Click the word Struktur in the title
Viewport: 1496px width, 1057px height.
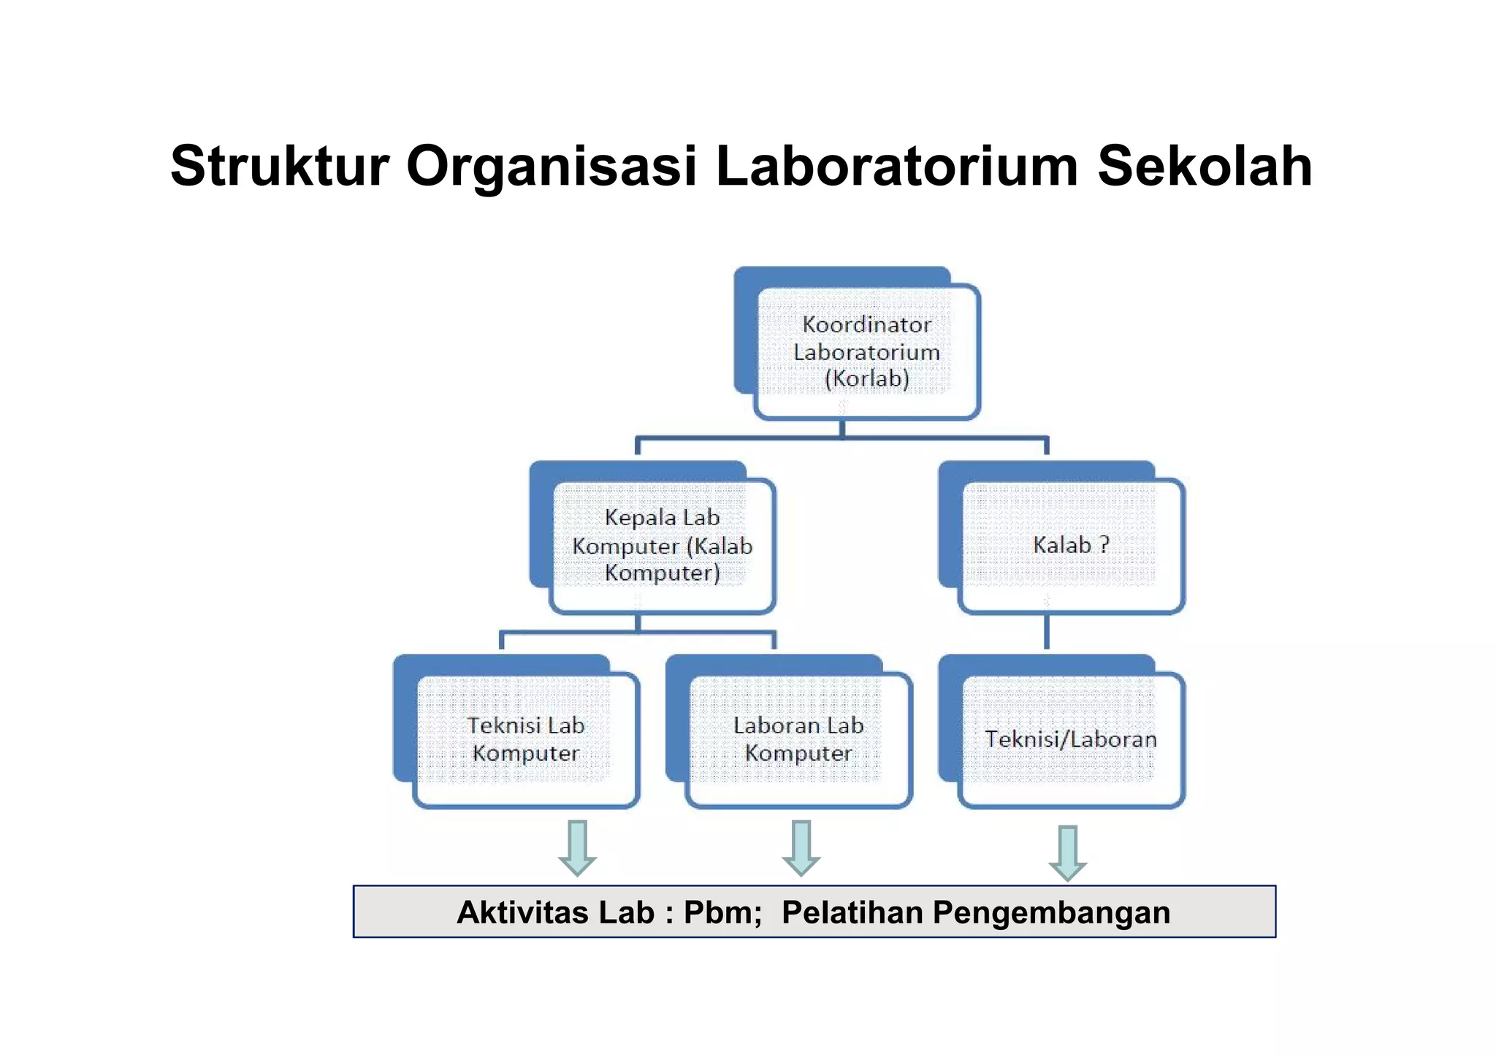pyautogui.click(x=280, y=167)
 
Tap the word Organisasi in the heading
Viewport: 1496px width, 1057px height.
pyautogui.click(x=552, y=168)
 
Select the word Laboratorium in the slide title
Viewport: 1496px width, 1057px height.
pyautogui.click(x=897, y=167)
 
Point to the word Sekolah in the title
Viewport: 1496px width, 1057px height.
pyautogui.click(x=1205, y=167)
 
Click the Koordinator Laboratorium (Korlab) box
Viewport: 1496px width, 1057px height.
pyautogui.click(x=866, y=351)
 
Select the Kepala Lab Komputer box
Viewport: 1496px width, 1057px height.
pyautogui.click(x=662, y=546)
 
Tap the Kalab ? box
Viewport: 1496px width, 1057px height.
pyautogui.click(x=1071, y=546)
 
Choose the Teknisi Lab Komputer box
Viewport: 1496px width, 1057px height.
pyautogui.click(x=526, y=739)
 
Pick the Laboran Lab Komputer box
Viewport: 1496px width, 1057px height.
pyautogui.click(x=798, y=739)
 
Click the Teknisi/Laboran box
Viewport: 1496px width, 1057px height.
pyautogui.click(x=1071, y=739)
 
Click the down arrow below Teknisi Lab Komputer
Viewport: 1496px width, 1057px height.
pyautogui.click(x=578, y=847)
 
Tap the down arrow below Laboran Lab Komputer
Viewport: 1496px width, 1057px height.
pyautogui.click(x=801, y=847)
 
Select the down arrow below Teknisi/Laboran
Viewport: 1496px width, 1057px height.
pyautogui.click(x=1068, y=852)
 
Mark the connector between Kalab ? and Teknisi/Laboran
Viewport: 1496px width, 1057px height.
pyautogui.click(x=1047, y=632)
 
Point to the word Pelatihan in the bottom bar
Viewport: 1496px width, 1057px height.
pyautogui.click(x=852, y=913)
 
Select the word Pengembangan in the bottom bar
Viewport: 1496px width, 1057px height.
pyautogui.click(x=1051, y=913)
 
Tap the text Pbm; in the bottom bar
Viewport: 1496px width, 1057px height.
pyautogui.click(x=722, y=913)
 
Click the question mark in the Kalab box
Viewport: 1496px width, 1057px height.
pyautogui.click(x=1104, y=545)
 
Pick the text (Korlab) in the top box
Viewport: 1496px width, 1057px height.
pyautogui.click(x=866, y=379)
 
